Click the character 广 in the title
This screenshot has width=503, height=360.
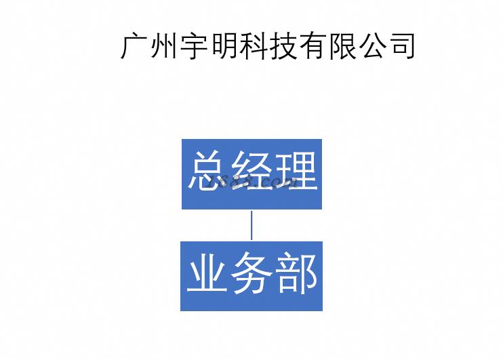click(135, 45)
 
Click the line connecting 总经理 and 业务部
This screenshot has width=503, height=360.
click(251, 225)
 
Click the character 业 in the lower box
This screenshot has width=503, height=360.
click(207, 275)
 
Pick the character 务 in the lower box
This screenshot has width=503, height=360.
click(251, 275)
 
